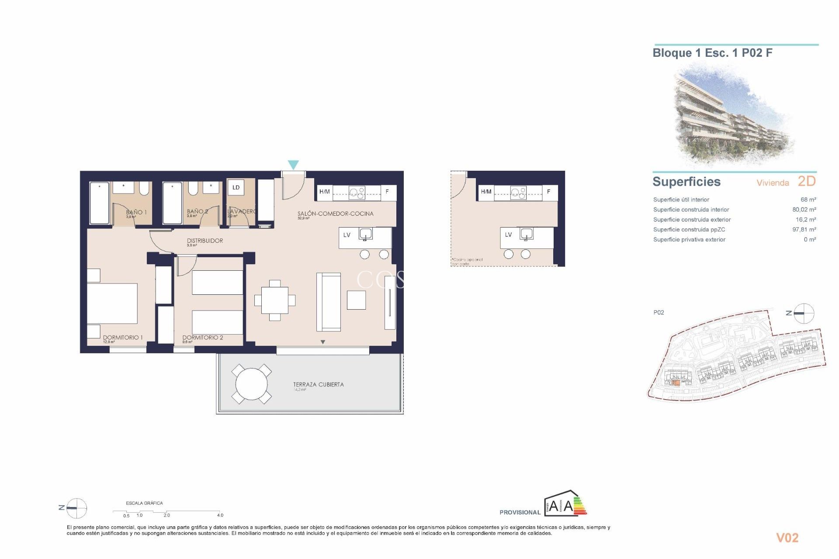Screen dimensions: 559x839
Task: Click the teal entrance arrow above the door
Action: click(293, 165)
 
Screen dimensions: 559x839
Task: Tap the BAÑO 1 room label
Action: click(136, 212)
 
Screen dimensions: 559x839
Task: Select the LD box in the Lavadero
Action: click(236, 187)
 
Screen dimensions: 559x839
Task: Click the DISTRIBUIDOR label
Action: click(205, 241)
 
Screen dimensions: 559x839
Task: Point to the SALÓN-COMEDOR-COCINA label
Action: click(335, 214)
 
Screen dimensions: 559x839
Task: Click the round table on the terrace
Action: click(251, 384)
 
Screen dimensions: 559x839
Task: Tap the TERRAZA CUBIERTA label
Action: click(318, 384)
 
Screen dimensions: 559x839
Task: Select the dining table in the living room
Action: click(275, 300)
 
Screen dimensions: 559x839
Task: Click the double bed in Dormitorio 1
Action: click(112, 304)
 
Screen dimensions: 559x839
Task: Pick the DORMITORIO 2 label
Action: click(203, 338)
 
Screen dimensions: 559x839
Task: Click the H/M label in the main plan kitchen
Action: click(325, 192)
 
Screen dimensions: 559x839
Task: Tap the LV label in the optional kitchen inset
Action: click(508, 235)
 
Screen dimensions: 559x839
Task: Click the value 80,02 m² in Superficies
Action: click(804, 210)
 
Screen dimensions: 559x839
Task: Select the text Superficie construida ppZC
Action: click(689, 230)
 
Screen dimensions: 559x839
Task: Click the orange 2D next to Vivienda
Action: click(807, 181)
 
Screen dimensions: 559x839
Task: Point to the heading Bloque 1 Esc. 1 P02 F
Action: click(712, 53)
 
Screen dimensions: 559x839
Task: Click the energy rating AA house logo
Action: click(565, 504)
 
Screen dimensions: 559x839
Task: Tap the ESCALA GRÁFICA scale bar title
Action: click(144, 503)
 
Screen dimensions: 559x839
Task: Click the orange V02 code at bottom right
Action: click(787, 538)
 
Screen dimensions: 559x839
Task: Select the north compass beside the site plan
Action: click(804, 313)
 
